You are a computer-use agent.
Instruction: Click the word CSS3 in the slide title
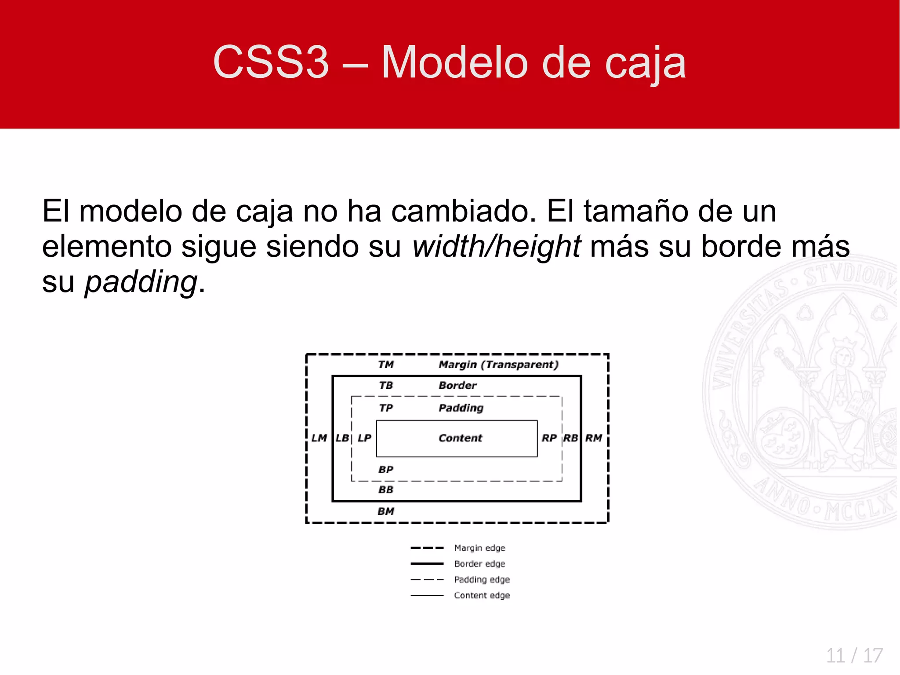tap(271, 62)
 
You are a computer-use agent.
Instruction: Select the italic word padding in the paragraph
tap(141, 282)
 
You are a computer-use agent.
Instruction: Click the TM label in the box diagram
tap(386, 365)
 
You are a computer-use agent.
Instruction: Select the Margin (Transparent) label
tap(498, 365)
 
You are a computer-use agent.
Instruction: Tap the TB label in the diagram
tap(386, 386)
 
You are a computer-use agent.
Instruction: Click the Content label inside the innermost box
tap(460, 438)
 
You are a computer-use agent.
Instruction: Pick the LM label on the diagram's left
tap(319, 438)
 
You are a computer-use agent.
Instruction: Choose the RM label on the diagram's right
tap(593, 438)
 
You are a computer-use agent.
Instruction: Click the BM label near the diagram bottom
tap(386, 511)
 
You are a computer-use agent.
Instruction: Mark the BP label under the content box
tap(386, 470)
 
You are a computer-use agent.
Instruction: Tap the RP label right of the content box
tap(549, 438)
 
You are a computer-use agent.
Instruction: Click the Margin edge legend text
tap(479, 548)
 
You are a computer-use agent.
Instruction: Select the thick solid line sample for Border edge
tap(427, 564)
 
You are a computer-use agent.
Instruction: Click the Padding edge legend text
tap(482, 580)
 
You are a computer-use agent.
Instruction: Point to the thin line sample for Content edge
tap(427, 595)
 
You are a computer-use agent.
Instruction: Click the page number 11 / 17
tap(854, 656)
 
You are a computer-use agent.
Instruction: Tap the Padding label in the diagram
tap(461, 408)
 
